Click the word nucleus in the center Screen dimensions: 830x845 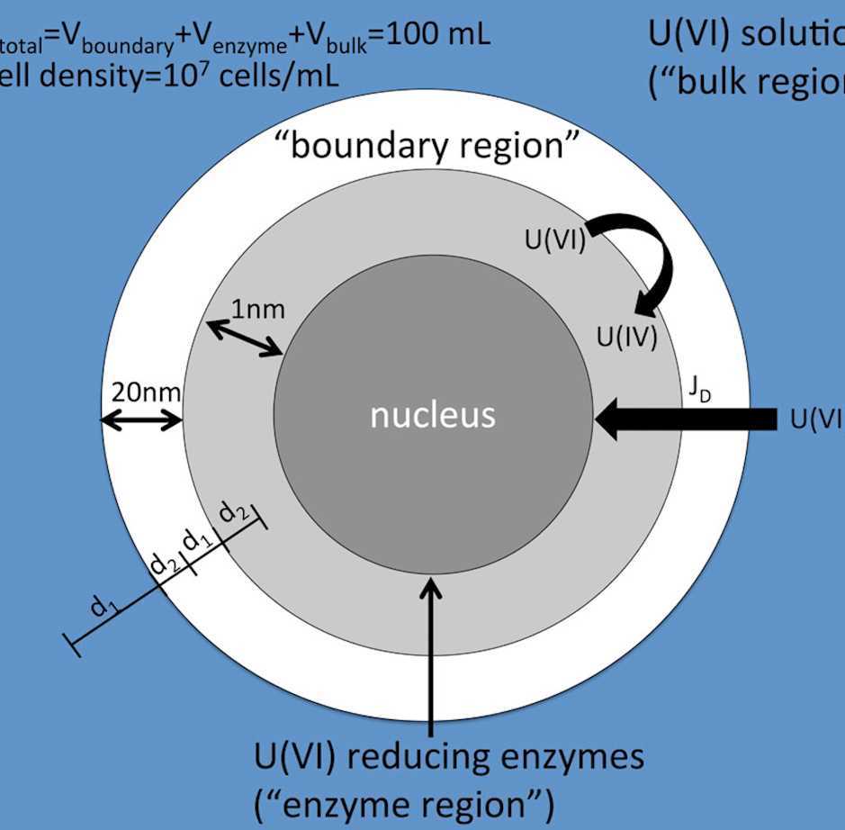click(x=433, y=415)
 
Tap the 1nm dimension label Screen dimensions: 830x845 click(x=257, y=310)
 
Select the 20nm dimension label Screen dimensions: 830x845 click(x=145, y=392)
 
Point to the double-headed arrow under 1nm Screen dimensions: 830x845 click(x=245, y=338)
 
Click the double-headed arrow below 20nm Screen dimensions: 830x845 click(x=141, y=420)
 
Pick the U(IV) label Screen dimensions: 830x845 click(x=627, y=338)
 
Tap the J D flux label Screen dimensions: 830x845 click(x=697, y=389)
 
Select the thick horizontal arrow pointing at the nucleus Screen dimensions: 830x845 click(x=684, y=419)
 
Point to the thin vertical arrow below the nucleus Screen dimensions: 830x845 click(x=431, y=657)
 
